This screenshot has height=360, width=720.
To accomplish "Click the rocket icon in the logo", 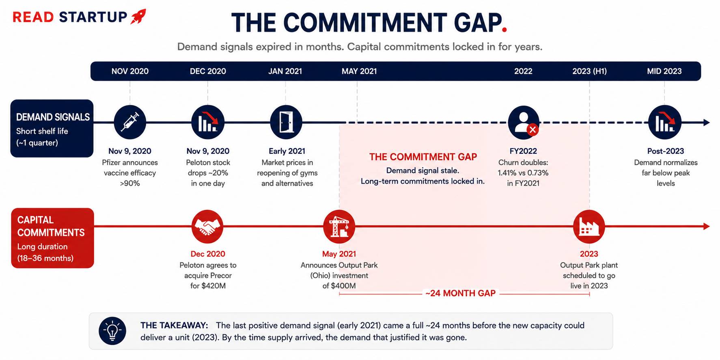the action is (x=138, y=17).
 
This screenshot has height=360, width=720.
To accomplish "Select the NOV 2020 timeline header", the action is (x=130, y=71).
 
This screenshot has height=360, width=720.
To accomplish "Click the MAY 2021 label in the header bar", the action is (x=359, y=71).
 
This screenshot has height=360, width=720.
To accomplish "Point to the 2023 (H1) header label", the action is (x=589, y=71).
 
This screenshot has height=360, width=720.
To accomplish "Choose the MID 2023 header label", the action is (x=664, y=71).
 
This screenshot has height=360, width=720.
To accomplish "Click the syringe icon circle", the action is (x=130, y=122).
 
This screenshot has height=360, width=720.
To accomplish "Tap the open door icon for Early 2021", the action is (x=286, y=122).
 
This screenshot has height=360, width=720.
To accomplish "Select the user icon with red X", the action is (x=524, y=122).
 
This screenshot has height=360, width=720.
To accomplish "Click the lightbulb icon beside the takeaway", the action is (x=112, y=331).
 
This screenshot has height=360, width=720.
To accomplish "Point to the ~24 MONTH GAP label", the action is (x=460, y=293).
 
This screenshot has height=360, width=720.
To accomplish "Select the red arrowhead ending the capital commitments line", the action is (x=706, y=226).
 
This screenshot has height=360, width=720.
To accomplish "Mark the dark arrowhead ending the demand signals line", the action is (x=706, y=122).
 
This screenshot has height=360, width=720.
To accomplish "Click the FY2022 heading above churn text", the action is (x=523, y=151).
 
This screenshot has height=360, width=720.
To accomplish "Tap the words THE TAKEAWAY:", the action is (x=174, y=325).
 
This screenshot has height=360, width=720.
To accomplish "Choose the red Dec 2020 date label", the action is (x=208, y=254).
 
